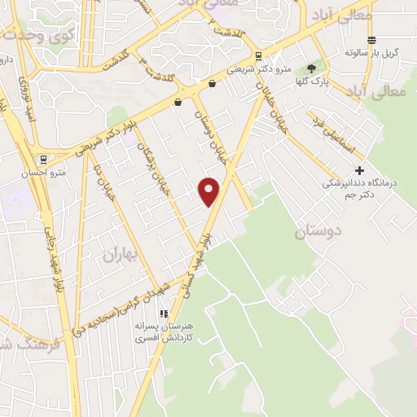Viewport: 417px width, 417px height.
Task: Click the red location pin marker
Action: [210, 191]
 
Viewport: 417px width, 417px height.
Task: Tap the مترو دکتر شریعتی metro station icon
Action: [259, 56]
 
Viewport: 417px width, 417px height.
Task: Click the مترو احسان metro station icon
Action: [42, 160]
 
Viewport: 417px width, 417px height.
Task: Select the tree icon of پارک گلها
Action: [311, 69]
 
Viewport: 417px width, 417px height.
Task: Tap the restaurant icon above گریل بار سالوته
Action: [371, 40]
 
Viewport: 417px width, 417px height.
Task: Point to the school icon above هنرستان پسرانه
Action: [164, 313]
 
